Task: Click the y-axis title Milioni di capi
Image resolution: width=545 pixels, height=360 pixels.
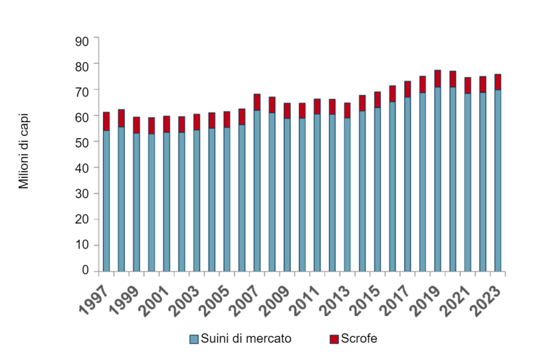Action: click(24, 150)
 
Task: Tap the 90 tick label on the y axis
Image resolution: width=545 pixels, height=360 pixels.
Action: click(82, 40)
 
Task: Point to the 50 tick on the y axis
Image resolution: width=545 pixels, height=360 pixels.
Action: click(82, 142)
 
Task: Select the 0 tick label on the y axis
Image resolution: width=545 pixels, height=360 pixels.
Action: click(85, 270)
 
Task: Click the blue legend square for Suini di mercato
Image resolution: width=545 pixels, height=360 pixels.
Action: click(194, 339)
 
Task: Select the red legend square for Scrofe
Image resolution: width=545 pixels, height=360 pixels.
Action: click(334, 339)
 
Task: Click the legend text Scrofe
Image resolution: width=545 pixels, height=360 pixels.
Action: click(359, 339)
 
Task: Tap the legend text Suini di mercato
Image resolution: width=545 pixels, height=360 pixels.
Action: click(246, 339)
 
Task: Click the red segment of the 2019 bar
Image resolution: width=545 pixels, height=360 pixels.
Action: click(438, 78)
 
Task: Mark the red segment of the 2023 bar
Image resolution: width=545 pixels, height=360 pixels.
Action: click(498, 82)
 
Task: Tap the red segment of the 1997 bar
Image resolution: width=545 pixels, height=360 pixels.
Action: click(106, 121)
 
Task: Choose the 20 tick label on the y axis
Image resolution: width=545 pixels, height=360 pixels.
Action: click(82, 219)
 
